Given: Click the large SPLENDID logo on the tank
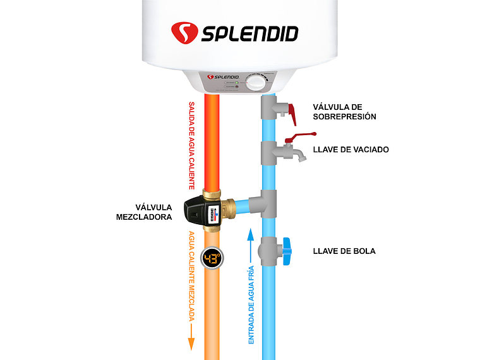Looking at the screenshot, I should click(234, 32).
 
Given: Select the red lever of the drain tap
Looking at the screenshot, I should click(300, 136).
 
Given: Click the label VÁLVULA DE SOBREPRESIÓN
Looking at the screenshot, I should click(344, 112).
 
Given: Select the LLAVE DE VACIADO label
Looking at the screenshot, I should click(351, 150).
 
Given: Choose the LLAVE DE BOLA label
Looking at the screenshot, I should click(344, 251).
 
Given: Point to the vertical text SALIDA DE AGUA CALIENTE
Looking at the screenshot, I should click(192, 145).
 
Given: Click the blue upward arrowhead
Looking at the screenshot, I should click(251, 236).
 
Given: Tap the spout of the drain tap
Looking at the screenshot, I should click(303, 156).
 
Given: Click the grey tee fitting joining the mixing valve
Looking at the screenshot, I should click(264, 204).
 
